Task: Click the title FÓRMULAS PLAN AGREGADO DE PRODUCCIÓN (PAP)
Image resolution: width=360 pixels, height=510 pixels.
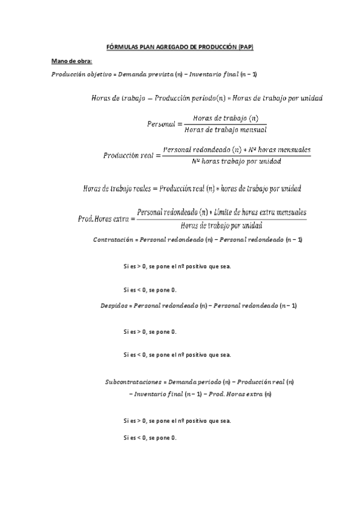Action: click(180, 47)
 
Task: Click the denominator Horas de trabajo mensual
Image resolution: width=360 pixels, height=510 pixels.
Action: click(225, 129)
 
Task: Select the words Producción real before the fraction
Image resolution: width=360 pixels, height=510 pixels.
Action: click(128, 155)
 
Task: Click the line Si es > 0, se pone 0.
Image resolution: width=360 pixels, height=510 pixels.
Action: click(150, 331)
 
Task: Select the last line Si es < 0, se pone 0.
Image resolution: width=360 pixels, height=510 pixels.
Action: click(150, 437)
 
